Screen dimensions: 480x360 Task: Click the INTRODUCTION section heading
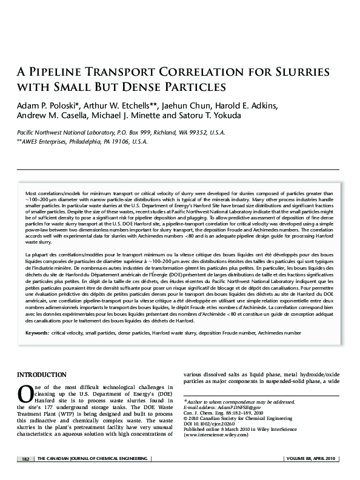click(42, 375)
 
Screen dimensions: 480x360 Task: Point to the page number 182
click(25, 459)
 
